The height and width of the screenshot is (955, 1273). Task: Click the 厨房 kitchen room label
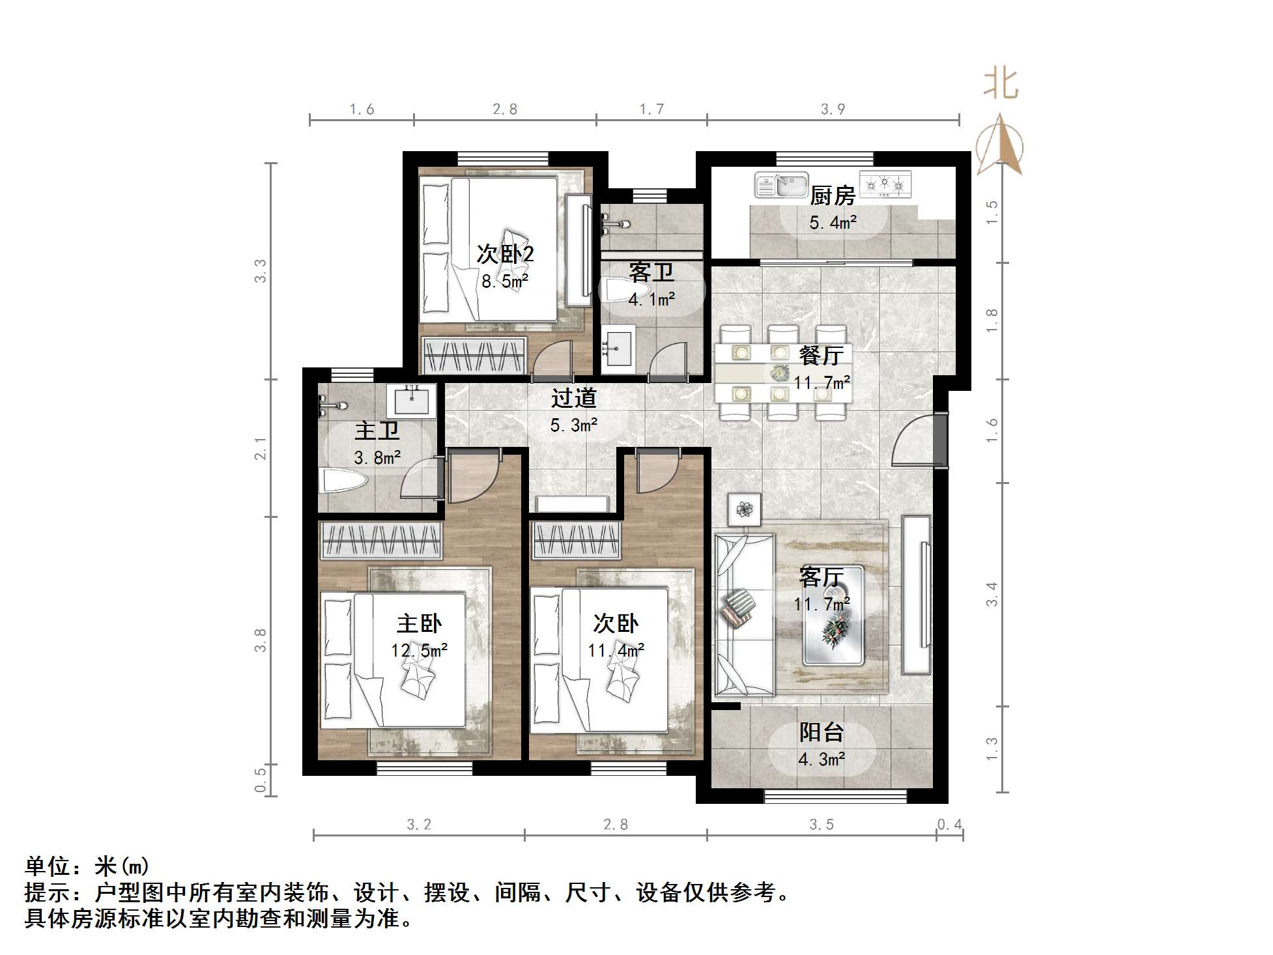(x=832, y=195)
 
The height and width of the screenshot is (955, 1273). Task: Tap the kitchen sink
(x=780, y=185)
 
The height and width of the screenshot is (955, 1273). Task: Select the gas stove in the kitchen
(x=885, y=184)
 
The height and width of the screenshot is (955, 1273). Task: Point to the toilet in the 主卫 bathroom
(x=345, y=483)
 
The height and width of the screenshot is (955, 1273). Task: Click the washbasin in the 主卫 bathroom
(x=411, y=399)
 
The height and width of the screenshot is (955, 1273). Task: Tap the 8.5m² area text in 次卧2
(x=505, y=281)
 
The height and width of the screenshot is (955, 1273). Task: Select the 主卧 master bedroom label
(x=419, y=623)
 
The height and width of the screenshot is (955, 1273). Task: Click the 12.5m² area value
(x=419, y=650)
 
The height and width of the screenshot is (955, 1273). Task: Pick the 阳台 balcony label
(x=821, y=732)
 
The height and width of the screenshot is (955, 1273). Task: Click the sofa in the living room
(x=744, y=614)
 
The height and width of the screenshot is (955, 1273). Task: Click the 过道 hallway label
(x=573, y=398)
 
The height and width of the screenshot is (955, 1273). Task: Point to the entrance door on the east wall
(x=939, y=440)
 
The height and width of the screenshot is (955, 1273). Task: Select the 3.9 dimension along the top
(x=833, y=109)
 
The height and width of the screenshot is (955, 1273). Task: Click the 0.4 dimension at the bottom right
(x=949, y=825)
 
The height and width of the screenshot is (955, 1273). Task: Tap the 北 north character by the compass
(x=1000, y=85)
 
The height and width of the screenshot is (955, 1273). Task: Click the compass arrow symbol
(x=1000, y=144)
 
